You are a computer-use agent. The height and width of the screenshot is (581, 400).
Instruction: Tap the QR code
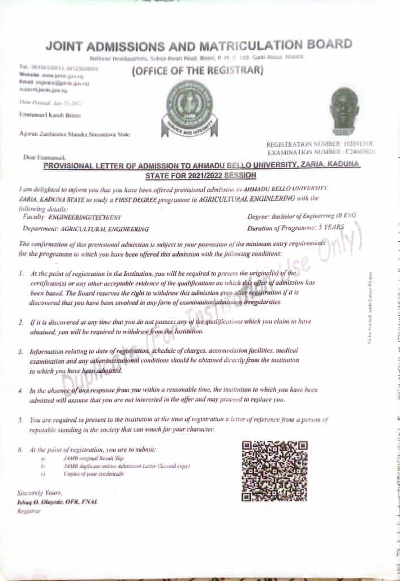click(274, 471)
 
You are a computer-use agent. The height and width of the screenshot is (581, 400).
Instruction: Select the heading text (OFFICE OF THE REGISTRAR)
click(197, 71)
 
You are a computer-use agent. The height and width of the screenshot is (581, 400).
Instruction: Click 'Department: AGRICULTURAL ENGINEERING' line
click(86, 229)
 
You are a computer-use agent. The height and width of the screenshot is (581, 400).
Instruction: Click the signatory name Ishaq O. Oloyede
click(57, 502)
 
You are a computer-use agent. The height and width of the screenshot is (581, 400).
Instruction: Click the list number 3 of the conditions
click(20, 352)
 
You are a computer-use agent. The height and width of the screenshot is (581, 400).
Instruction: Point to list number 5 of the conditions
click(20, 420)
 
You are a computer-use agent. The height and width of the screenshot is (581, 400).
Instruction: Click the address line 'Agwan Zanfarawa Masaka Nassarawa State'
click(74, 134)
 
